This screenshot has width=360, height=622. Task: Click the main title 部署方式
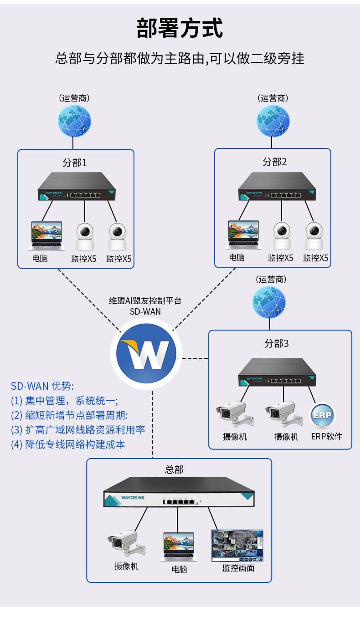click(x=180, y=28)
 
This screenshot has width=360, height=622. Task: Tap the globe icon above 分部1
click(x=74, y=121)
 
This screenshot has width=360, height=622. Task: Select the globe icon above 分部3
click(x=269, y=302)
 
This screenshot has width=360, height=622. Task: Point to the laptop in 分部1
click(x=46, y=235)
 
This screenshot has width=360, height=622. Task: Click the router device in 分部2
click(x=277, y=187)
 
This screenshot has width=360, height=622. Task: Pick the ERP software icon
click(x=323, y=415)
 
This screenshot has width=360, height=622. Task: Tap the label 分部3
click(x=277, y=343)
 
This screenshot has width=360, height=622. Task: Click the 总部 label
click(x=175, y=469)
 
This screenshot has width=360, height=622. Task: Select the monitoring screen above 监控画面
click(x=237, y=546)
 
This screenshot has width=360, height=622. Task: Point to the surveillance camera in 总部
click(x=125, y=545)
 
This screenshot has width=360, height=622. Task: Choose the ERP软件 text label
click(x=326, y=437)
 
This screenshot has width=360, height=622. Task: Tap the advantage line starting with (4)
click(x=68, y=444)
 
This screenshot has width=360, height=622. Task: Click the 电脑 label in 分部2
click(x=237, y=258)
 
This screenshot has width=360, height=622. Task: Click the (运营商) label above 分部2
click(x=273, y=98)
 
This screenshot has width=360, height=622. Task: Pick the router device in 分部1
click(x=76, y=187)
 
